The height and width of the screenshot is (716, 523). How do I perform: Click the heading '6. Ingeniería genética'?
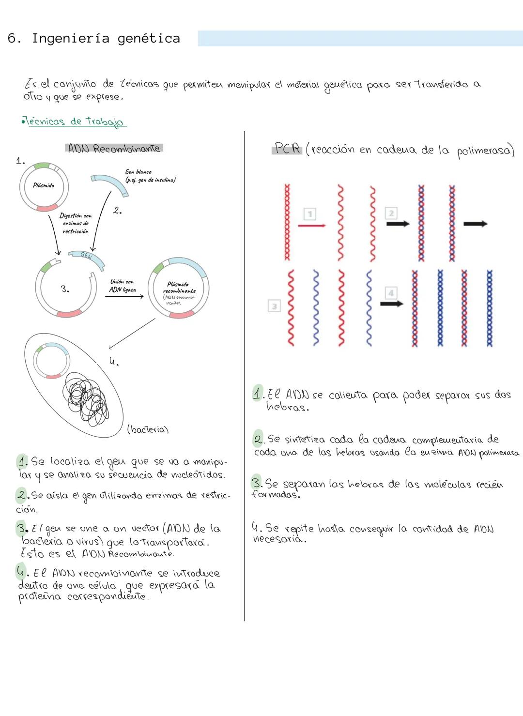94,39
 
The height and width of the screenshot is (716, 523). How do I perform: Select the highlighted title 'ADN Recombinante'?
114,149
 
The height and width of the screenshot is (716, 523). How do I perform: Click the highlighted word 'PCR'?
287,149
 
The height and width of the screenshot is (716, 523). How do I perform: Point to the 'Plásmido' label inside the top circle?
44,185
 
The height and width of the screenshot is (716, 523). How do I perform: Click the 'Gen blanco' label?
138,172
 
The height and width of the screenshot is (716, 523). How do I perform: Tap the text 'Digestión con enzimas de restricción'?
76,224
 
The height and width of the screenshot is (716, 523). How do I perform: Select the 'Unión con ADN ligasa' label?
122,286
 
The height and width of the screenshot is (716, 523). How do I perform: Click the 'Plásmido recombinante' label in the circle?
179,288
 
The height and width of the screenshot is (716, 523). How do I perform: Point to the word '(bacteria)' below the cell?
148,429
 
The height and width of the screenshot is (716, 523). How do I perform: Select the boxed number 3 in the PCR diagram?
274,306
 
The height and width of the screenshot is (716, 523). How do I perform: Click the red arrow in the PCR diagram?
311,225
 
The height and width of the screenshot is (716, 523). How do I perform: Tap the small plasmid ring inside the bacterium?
50,360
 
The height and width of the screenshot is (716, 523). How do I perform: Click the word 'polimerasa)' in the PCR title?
485,151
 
